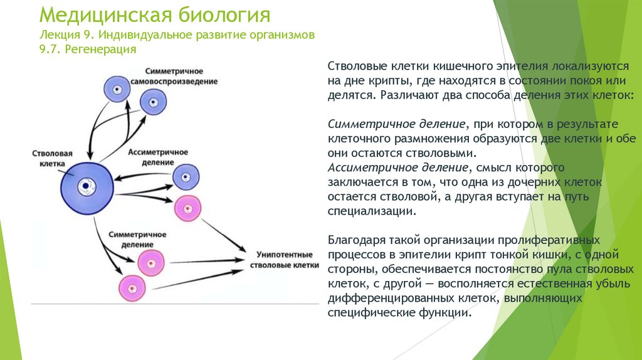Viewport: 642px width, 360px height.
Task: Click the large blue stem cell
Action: [88, 186]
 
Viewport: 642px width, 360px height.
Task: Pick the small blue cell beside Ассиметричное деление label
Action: [186, 176]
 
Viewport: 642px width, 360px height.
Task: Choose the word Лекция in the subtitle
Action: [60, 34]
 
